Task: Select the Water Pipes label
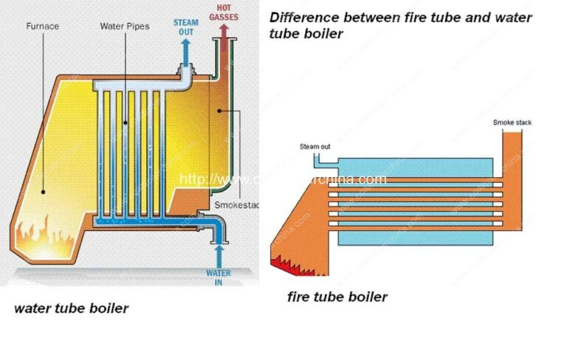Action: [124, 27]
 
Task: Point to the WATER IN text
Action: [218, 277]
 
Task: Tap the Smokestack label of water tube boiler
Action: [234, 204]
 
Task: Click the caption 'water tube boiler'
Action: [71, 308]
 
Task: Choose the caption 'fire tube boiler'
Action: [337, 297]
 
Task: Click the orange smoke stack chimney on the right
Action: [512, 155]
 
